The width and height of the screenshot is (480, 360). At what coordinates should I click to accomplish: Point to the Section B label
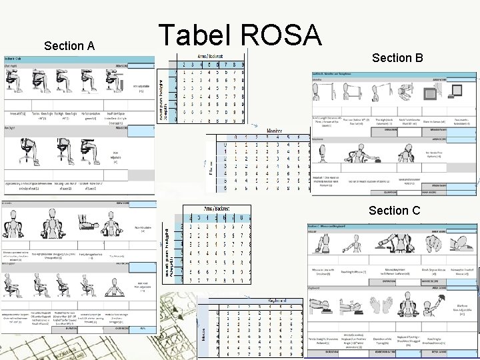pos(397,58)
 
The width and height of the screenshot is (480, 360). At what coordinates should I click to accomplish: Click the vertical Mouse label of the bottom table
pos(203,331)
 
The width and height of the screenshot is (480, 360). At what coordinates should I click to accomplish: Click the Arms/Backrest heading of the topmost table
pos(210,57)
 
